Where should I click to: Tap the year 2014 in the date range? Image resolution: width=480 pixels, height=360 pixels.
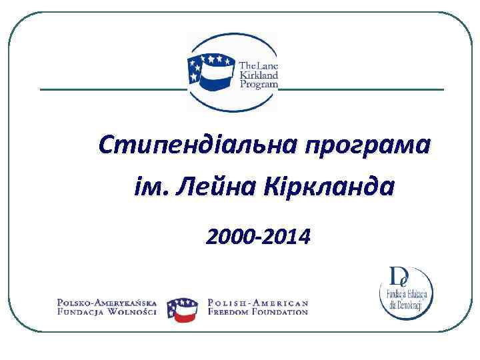(x=287, y=236)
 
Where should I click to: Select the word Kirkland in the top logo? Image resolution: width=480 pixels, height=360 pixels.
(x=258, y=76)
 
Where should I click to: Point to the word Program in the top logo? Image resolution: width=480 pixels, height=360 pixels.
(x=258, y=86)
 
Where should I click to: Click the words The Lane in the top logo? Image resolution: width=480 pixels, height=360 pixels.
(x=259, y=66)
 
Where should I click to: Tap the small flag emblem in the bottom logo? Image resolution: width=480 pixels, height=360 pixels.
(x=182, y=308)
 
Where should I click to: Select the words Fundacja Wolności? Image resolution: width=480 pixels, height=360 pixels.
(x=107, y=312)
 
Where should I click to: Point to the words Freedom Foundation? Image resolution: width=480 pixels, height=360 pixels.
(x=258, y=312)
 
